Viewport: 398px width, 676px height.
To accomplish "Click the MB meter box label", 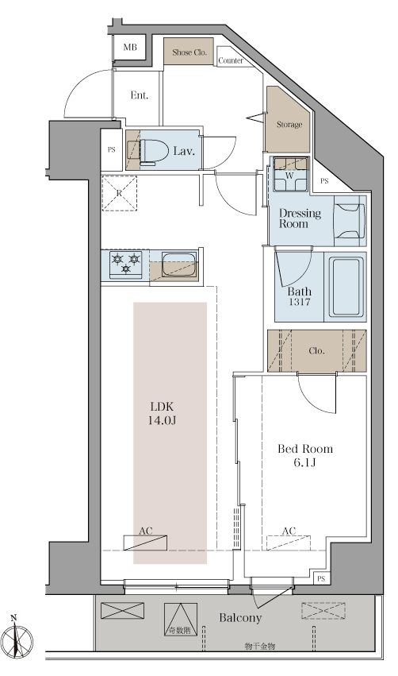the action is click(130, 47).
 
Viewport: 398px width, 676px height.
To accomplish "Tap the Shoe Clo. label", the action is click(189, 52).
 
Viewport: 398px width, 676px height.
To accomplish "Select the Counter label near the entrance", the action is click(231, 61).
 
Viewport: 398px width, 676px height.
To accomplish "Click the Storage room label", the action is click(289, 125).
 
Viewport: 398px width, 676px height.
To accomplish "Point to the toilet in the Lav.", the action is click(148, 150).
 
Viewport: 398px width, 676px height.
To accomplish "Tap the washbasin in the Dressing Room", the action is click(350, 220).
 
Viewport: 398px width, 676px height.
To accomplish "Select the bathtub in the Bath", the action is click(346, 286).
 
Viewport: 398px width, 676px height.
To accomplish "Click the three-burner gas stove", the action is click(125, 264).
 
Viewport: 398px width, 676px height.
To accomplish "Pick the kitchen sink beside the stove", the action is click(179, 265).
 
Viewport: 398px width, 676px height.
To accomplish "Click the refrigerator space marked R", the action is click(119, 193).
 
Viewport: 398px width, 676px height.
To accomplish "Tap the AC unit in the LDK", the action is click(145, 543).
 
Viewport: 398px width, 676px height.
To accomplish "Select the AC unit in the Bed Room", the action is click(289, 543).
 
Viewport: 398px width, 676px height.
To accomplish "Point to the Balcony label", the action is click(240, 618).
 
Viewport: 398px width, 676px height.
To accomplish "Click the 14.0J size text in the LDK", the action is click(162, 420).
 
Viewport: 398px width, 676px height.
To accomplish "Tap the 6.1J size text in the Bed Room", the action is click(305, 463).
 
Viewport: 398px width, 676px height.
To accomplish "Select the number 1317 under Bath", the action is click(300, 302).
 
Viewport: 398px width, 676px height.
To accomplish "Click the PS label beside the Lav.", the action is click(112, 150).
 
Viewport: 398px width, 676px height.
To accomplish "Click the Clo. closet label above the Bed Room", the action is click(316, 351).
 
